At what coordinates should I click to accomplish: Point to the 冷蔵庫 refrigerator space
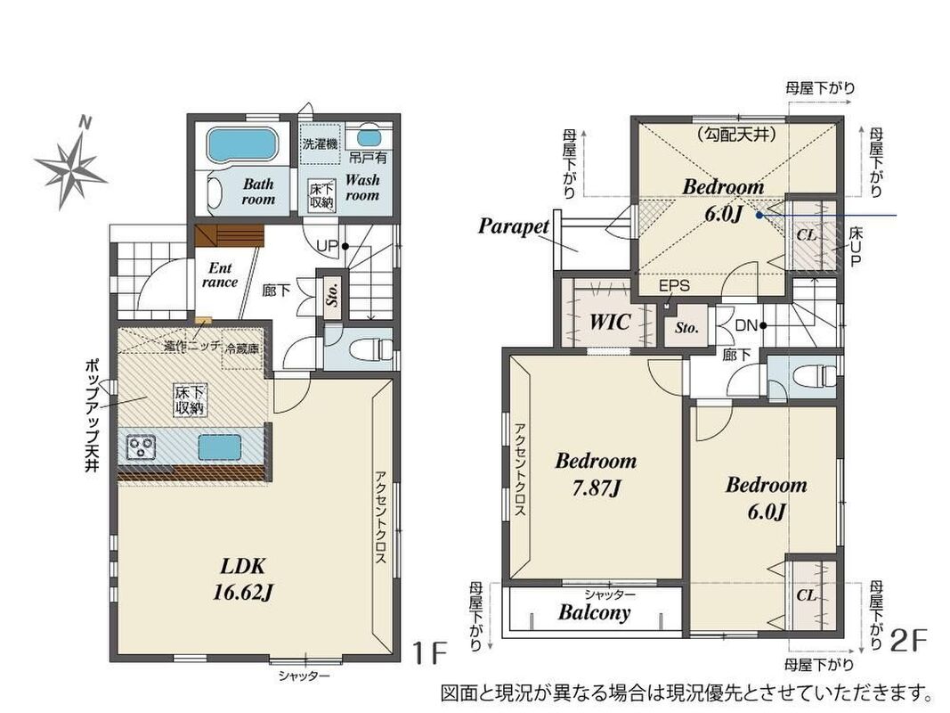point(242,348)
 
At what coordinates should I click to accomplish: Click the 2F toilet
point(813,376)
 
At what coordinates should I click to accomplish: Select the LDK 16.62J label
point(243,579)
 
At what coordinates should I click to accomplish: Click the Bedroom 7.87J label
point(597,474)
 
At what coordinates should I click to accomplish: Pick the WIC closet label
point(610,322)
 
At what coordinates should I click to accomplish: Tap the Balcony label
point(595,611)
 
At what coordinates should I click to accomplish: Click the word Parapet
point(513,226)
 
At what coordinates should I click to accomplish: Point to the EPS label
point(674,285)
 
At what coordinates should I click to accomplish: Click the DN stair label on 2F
point(746,325)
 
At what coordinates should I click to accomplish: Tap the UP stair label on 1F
point(327,246)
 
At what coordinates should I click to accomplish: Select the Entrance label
point(220,275)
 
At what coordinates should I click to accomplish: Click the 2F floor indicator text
point(910,642)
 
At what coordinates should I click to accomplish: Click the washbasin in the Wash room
point(369,137)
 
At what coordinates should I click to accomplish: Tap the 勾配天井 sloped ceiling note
point(736,135)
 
